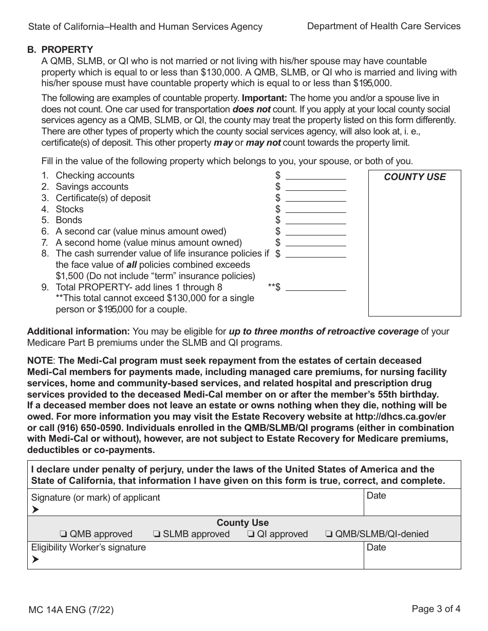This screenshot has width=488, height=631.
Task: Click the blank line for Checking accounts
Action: pos(315,176)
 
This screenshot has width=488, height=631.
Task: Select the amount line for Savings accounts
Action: pos(315,187)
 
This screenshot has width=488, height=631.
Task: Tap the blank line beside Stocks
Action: pos(315,209)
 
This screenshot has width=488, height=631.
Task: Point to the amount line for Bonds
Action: pos(315,221)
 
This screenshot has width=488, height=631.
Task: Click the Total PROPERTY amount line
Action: pos(315,287)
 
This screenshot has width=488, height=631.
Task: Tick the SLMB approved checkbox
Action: pos(156,534)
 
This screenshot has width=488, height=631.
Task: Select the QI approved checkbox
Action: pos(251,534)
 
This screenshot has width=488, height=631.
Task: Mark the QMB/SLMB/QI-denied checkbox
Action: pos(329,534)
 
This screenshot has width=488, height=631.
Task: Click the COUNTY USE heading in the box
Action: pos(415,177)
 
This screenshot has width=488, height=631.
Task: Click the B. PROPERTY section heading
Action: pos(60,50)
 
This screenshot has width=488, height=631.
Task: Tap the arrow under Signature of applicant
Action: pos(35,509)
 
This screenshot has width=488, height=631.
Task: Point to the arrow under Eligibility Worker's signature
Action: pos(35,560)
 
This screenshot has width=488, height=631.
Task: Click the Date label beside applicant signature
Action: pos(376,496)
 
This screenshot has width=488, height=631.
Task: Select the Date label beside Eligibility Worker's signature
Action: pos(376,547)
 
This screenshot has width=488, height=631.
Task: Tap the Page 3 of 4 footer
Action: pos(436,609)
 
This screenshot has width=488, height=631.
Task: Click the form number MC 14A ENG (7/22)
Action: pos(71,610)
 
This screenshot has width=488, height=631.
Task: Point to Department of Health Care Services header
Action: pos(383,26)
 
